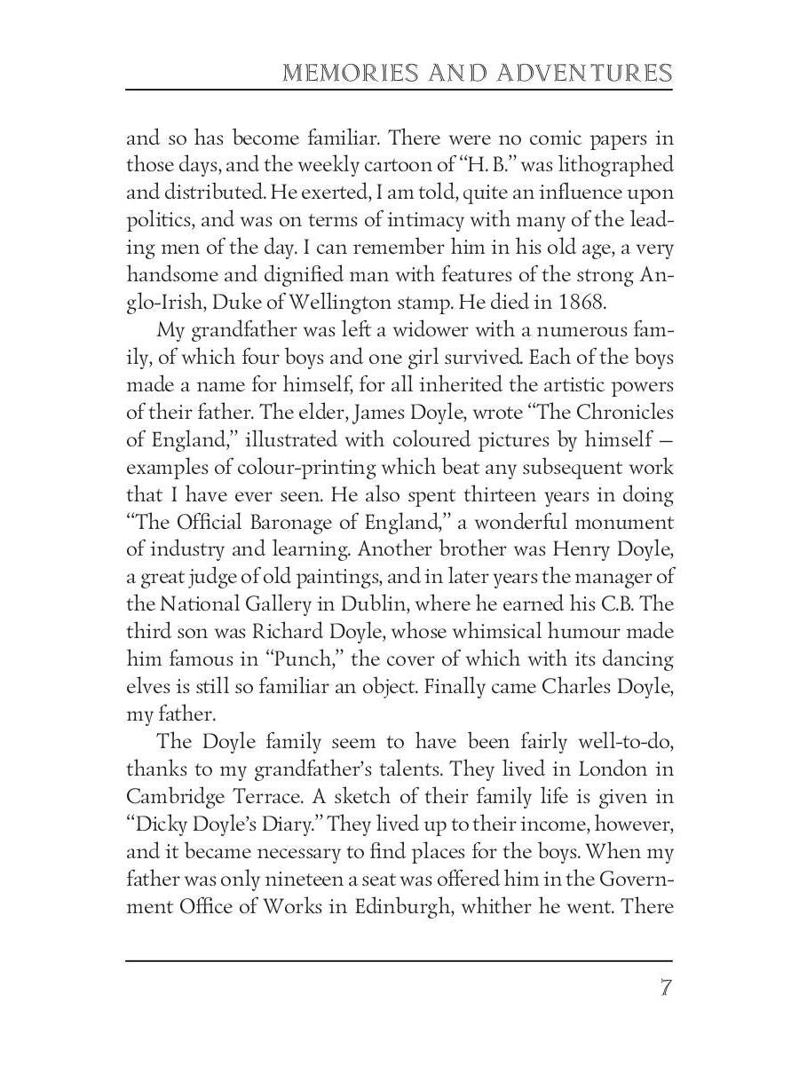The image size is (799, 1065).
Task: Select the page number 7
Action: point(665,988)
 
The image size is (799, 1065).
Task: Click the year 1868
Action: point(581,301)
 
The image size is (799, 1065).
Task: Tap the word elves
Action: point(146,687)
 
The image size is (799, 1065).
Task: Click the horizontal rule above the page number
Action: point(399,960)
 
